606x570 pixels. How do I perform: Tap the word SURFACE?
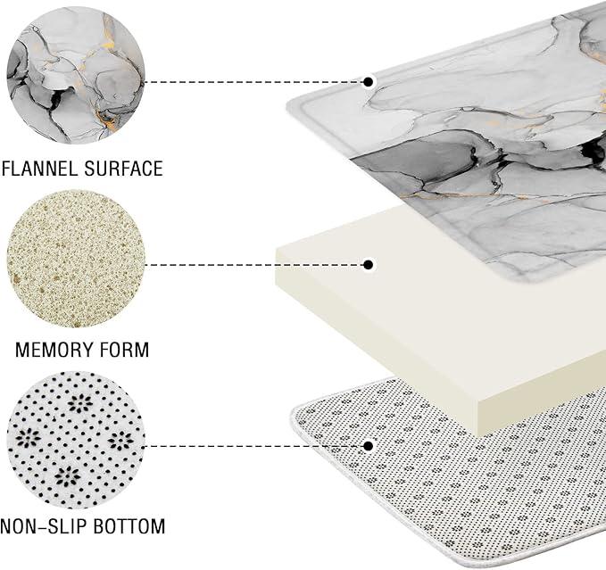(x=124, y=169)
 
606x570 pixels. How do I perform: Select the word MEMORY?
(x=53, y=350)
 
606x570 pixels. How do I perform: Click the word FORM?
(x=124, y=350)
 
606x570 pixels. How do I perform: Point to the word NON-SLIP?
(x=42, y=526)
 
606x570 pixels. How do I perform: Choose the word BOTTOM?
(x=129, y=526)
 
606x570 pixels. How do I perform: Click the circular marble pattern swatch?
(x=76, y=75)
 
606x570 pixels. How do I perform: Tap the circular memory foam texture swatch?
(x=76, y=259)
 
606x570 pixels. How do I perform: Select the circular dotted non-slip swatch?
(x=76, y=441)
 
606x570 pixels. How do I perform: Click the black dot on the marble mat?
(x=369, y=82)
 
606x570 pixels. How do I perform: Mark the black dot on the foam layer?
(x=369, y=265)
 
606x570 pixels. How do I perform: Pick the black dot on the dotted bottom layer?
(x=369, y=446)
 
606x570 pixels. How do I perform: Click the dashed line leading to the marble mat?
(x=255, y=82)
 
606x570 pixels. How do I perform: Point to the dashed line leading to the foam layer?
(x=255, y=265)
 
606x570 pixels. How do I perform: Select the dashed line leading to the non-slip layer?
(x=255, y=446)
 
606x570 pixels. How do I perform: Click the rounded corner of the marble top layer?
(x=291, y=105)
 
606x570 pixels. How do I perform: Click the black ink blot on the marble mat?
(x=594, y=151)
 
